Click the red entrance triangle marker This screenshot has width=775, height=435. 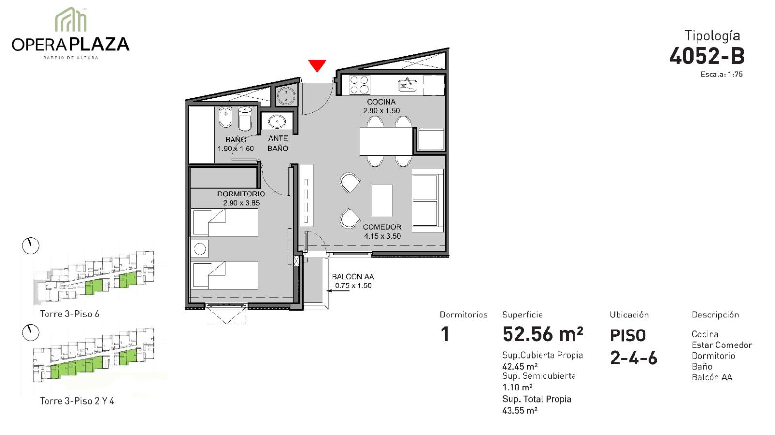point(317,65)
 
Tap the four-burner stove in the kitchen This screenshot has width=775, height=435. point(359,85)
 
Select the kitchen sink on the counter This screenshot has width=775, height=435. point(407,85)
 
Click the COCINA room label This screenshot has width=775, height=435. point(381,102)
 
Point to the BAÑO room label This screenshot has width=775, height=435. point(235,139)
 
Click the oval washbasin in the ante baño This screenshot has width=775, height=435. point(277,121)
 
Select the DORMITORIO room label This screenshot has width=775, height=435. point(241,194)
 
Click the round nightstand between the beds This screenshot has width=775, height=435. point(200,249)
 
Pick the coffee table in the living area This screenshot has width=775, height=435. point(382,201)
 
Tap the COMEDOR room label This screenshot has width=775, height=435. point(382,227)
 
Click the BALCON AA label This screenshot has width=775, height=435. point(353,277)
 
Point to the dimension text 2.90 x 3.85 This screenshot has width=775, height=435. point(241,203)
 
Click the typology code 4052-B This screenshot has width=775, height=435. point(707,56)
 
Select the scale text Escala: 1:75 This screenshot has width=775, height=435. point(721,75)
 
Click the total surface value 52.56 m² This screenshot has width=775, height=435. point(542,334)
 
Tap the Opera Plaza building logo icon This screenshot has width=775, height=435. point(71,19)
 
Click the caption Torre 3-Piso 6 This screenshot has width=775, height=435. point(70,314)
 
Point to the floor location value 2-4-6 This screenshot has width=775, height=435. point(633,358)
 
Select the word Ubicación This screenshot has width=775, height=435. point(629,315)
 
